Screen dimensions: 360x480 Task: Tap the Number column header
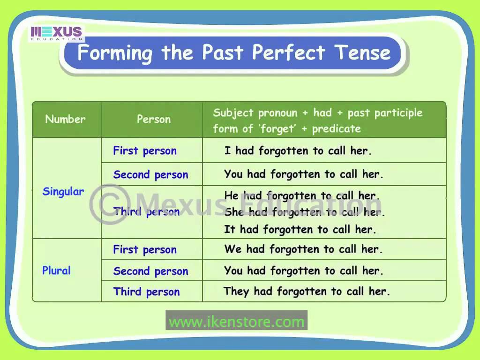point(66,119)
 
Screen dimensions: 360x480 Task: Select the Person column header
point(153,119)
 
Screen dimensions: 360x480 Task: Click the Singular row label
point(63,192)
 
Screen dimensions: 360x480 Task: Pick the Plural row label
point(57,270)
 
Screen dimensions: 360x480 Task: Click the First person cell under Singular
point(145,151)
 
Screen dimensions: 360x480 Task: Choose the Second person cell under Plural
point(150,271)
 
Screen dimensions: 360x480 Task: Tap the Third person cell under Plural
point(146,292)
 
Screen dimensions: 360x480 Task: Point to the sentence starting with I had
point(298,151)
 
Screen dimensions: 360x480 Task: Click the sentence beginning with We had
point(303,249)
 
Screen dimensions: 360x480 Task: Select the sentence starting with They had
point(307,292)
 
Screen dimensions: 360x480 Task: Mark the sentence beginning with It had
point(300,230)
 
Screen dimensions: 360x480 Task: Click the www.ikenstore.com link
point(236,322)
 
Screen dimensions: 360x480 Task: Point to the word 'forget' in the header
point(274,129)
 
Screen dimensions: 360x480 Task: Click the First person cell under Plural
point(145,250)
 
